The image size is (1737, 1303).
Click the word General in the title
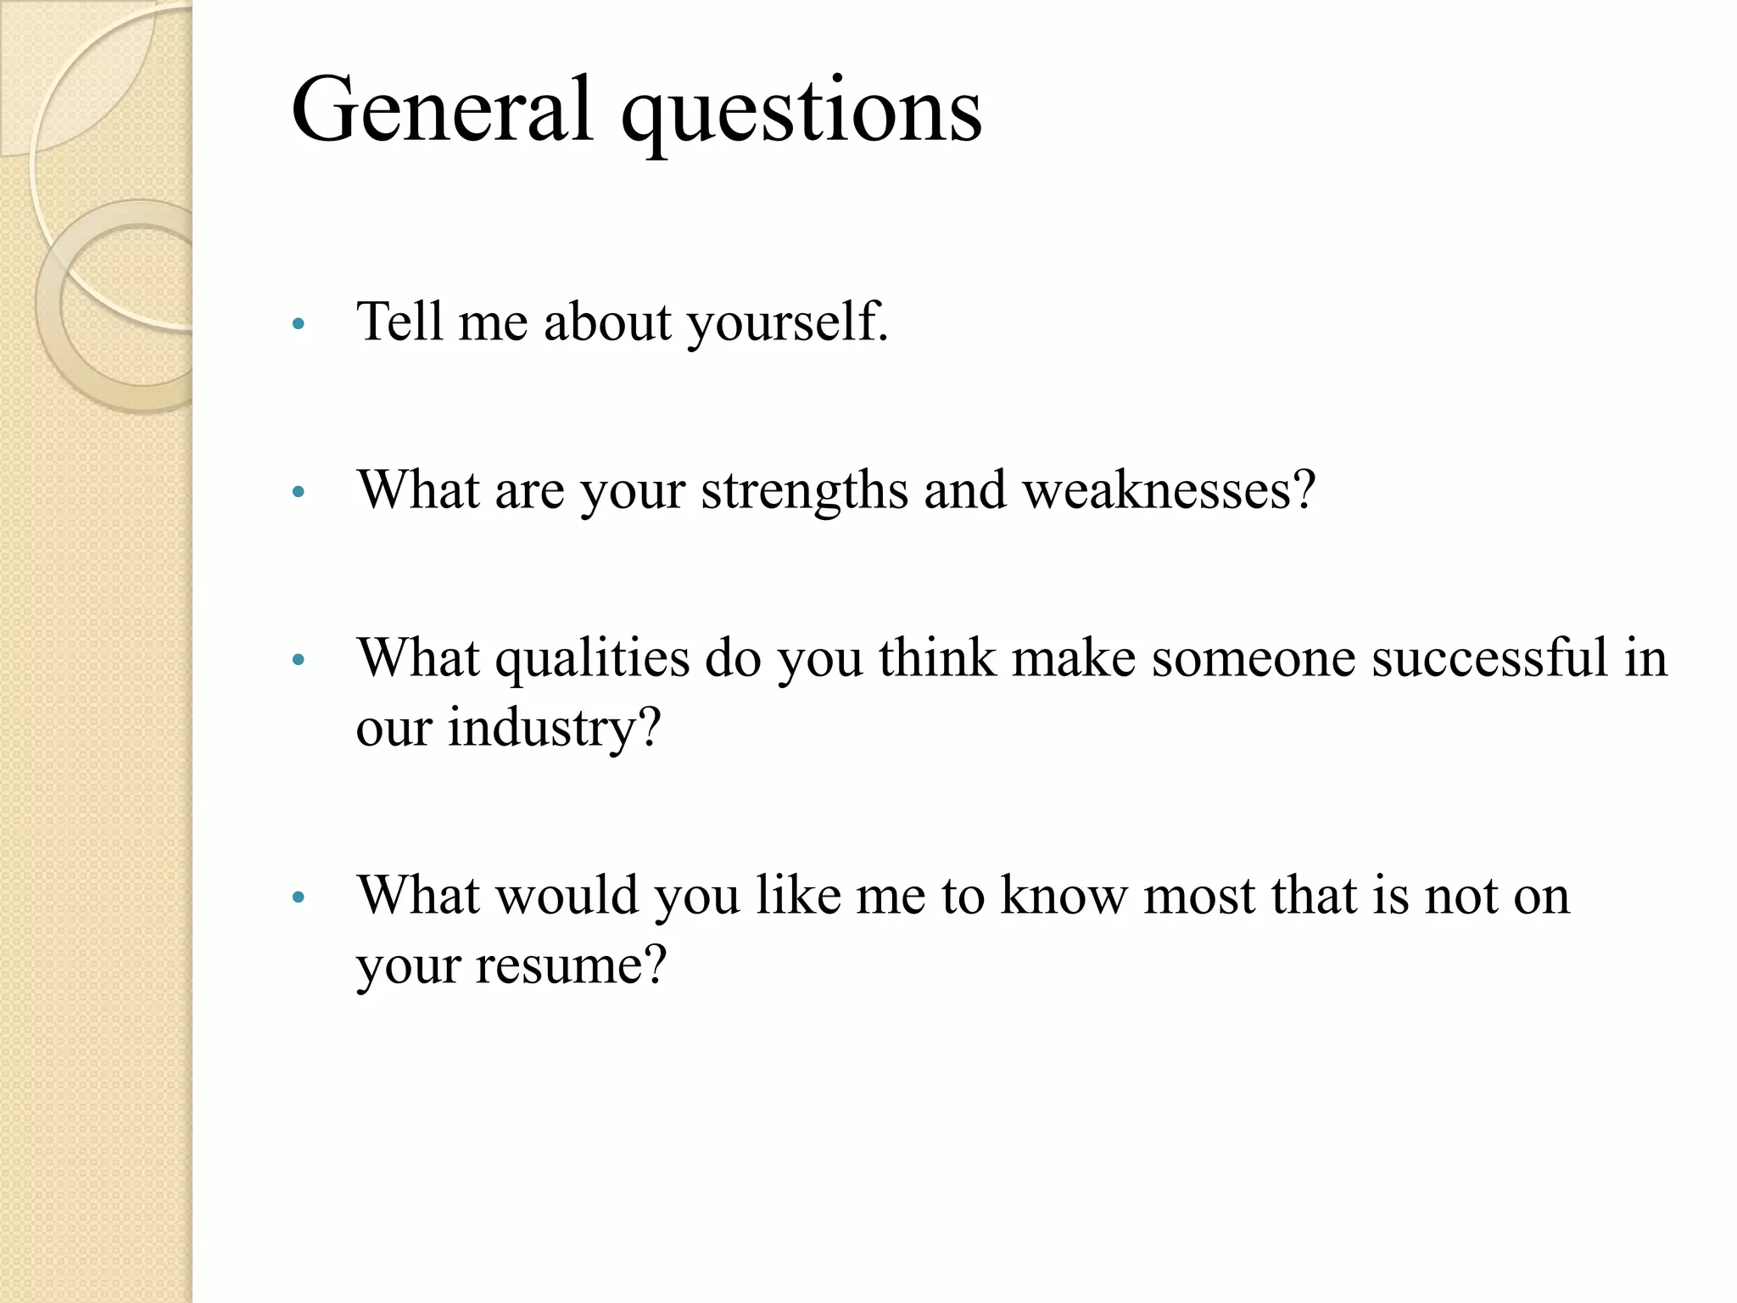coord(441,110)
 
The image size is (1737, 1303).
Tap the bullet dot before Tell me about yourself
coord(297,324)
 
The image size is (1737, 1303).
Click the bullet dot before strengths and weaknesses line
coord(297,492)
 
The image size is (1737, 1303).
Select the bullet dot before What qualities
coord(297,660)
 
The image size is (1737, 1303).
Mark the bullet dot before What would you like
coord(297,898)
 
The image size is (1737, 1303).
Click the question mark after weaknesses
coord(1302,490)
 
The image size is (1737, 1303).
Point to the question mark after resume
coord(656,965)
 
